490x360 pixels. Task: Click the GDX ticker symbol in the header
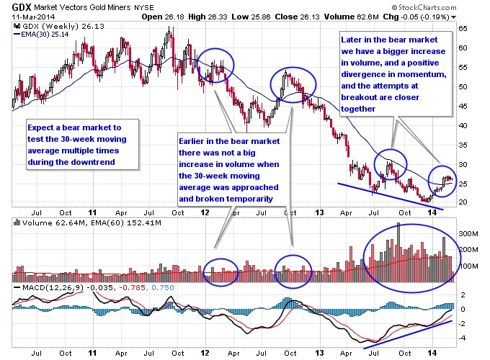(19, 7)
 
